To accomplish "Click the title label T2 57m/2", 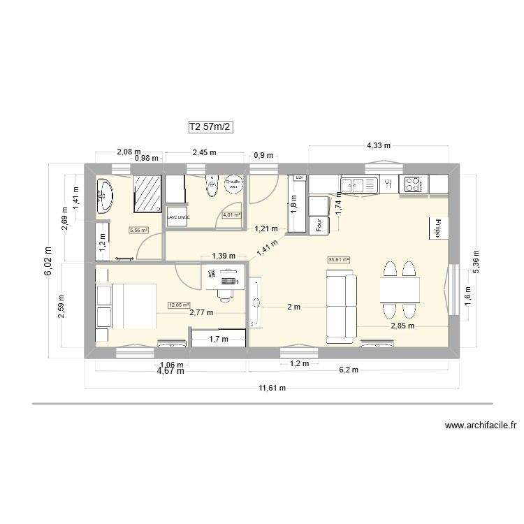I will pos(210,127).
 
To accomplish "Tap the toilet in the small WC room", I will pos(210,185).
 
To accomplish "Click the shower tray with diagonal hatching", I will pos(147,192).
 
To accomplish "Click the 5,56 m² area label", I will pos(138,229).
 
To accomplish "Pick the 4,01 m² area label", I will pos(231,215).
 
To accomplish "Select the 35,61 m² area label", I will pos(338,260).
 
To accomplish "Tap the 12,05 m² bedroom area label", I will pos(177,305).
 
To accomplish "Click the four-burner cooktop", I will pos(413,184).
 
